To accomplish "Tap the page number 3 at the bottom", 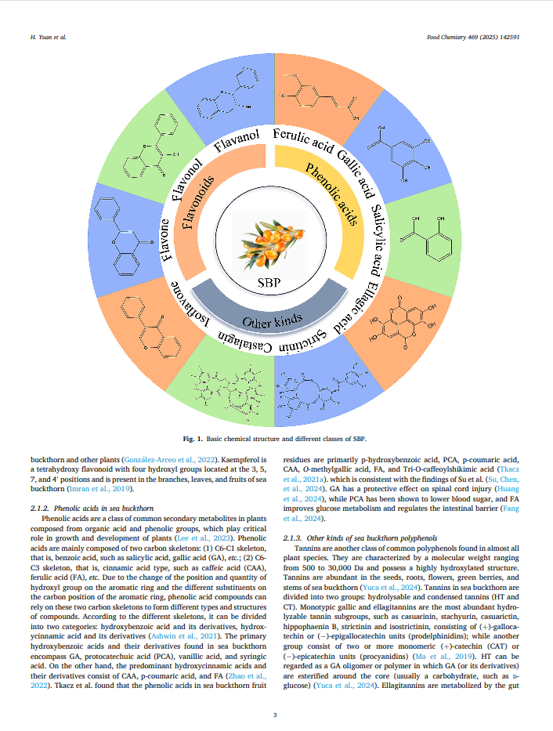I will (x=276, y=714).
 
